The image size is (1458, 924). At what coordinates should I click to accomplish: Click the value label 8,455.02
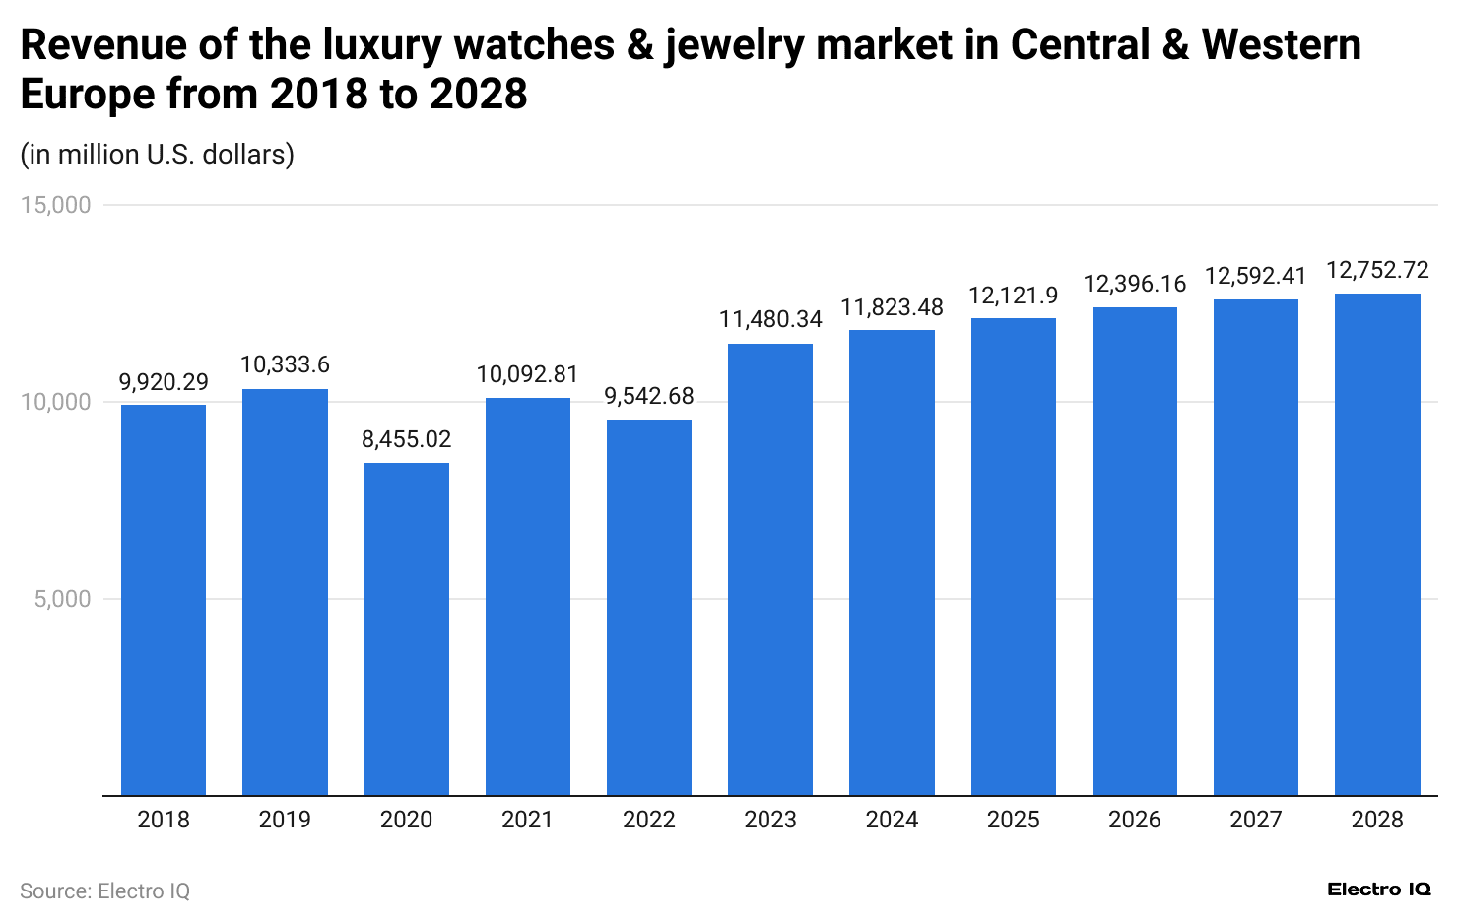tap(406, 439)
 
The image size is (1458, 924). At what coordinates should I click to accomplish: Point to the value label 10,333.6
tap(285, 365)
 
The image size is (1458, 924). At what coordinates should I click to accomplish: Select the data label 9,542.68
tap(648, 396)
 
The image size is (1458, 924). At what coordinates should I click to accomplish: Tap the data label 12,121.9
tap(1013, 296)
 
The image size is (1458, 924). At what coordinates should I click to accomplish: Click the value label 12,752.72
tap(1377, 270)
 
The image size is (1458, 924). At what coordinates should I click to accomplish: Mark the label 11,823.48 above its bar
tap(892, 307)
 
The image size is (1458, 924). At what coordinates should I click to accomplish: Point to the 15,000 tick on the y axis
tap(62, 205)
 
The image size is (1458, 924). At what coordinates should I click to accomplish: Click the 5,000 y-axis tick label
tap(62, 599)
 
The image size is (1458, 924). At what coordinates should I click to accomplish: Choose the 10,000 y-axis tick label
tap(62, 402)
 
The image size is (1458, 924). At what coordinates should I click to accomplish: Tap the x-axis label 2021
tap(527, 820)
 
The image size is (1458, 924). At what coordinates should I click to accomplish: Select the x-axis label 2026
tap(1134, 820)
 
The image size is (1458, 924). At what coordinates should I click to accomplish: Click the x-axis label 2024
tap(892, 820)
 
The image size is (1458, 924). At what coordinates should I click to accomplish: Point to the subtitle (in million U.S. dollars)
tap(158, 155)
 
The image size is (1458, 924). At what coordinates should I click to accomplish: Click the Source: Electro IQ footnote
tap(104, 891)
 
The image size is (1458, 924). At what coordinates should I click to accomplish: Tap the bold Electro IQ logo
tap(1378, 890)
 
